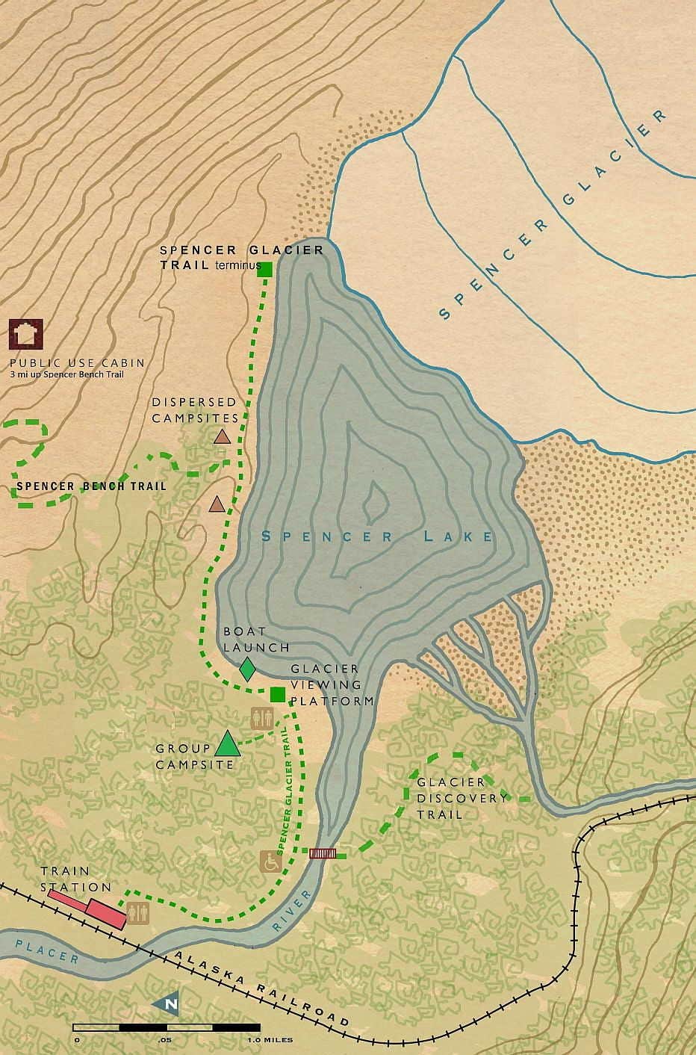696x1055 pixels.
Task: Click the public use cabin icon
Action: [x=26, y=335]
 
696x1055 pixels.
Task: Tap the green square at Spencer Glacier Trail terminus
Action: [x=264, y=270]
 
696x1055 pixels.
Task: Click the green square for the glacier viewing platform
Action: [x=278, y=694]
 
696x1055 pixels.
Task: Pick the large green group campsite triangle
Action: [x=227, y=744]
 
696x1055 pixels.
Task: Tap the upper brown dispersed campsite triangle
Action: [x=222, y=436]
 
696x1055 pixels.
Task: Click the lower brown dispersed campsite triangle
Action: [x=217, y=504]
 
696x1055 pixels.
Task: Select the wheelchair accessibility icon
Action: [x=270, y=861]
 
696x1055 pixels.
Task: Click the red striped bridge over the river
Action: [x=323, y=853]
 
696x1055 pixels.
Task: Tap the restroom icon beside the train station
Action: [x=139, y=912]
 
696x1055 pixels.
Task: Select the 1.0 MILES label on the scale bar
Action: [x=270, y=1040]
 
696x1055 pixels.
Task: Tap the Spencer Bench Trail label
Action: [x=91, y=486]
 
